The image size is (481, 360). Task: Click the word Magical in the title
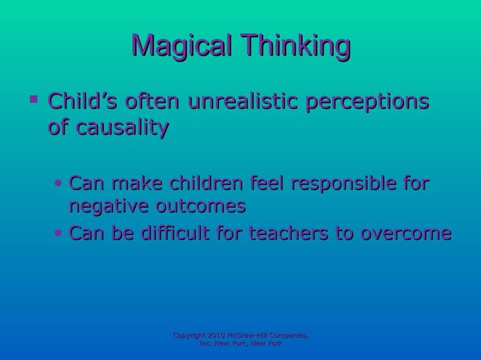[178, 47]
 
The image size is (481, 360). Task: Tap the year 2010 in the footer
[228, 334]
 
